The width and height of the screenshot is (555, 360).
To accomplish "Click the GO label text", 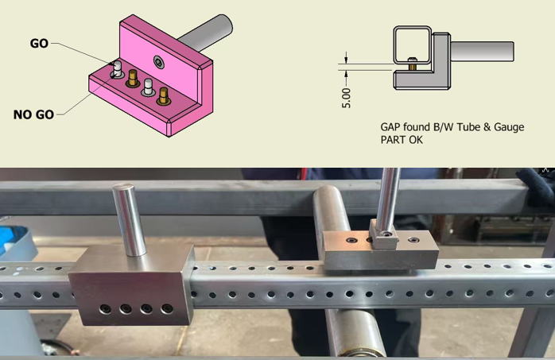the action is tap(39, 44).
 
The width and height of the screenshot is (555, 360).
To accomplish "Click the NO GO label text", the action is tap(33, 114).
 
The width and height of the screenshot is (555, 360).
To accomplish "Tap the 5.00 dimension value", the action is tap(346, 98).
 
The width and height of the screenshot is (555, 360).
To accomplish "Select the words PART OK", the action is tap(402, 140).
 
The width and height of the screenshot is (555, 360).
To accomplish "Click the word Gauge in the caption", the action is tap(509, 127).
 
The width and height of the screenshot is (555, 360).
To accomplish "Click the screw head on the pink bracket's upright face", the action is tap(159, 62).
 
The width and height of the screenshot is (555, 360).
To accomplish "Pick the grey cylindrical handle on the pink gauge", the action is tap(204, 33).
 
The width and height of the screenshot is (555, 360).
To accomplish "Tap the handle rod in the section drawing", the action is tap(482, 52).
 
